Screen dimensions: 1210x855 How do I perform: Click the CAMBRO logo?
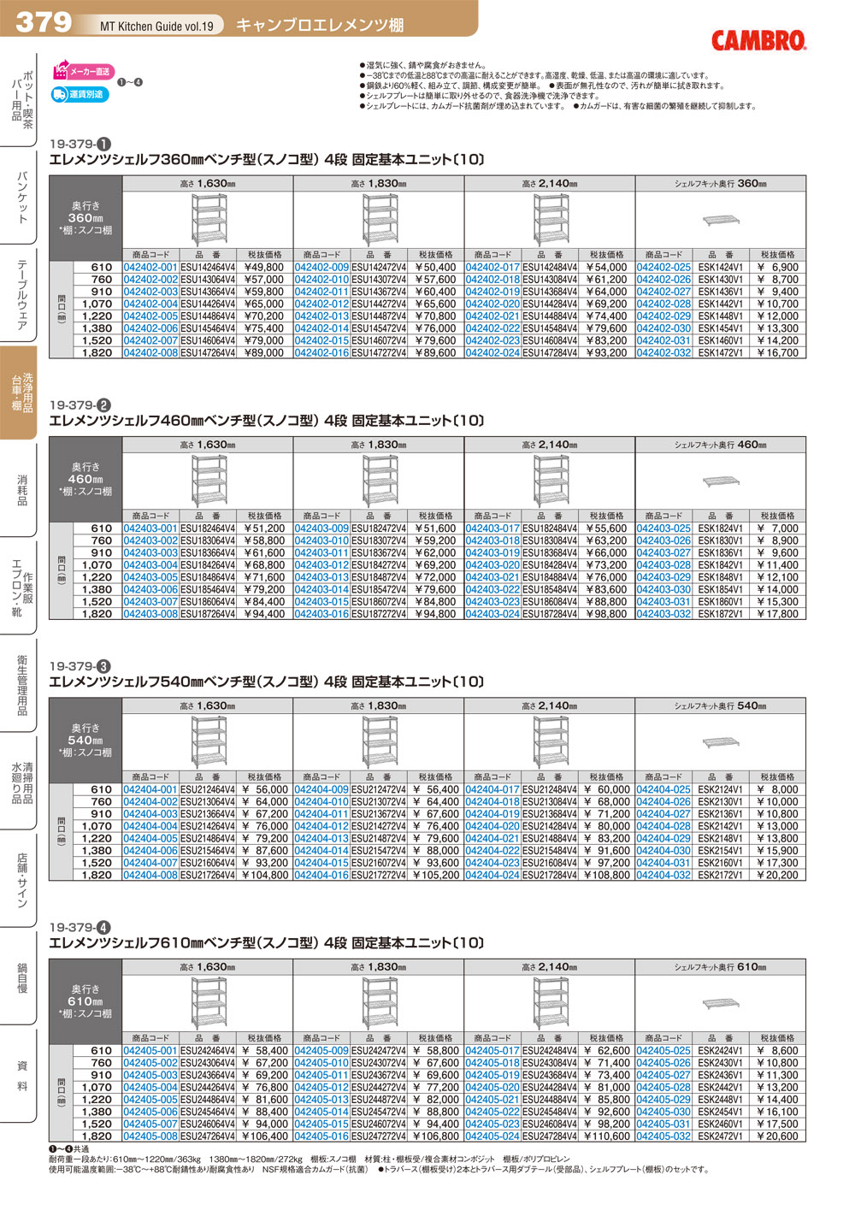[x=758, y=40]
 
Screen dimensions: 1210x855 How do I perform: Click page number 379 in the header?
[x=44, y=21]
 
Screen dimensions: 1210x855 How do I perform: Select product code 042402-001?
[x=150, y=268]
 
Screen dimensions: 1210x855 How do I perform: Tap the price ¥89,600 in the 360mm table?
[x=435, y=353]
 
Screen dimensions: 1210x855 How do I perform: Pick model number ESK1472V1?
[x=720, y=353]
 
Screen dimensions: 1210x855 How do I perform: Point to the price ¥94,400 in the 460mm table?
[x=264, y=614]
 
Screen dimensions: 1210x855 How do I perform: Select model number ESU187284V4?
[x=550, y=614]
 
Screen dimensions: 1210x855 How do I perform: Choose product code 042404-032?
[x=663, y=876]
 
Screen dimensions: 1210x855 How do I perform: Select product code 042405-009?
[x=321, y=1051]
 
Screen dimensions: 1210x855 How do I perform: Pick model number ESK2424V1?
[x=720, y=1051]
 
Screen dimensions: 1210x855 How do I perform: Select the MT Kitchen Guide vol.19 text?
[x=156, y=27]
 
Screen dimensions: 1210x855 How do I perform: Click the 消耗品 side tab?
[x=21, y=490]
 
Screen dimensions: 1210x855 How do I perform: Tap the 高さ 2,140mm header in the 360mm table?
[x=549, y=184]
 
